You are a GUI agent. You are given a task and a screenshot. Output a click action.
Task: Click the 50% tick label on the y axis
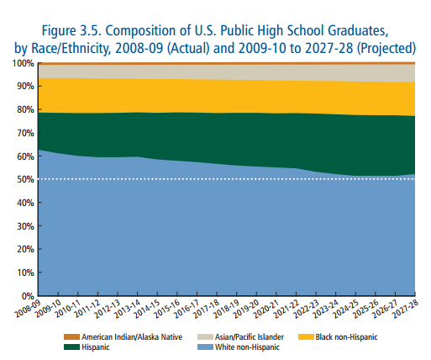pyautogui.click(x=24, y=179)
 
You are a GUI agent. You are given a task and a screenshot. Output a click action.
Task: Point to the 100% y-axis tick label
pyautogui.click(x=22, y=63)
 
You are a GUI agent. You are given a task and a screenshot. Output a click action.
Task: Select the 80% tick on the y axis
pyautogui.click(x=24, y=109)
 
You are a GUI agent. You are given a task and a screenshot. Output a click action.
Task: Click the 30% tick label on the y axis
pyautogui.click(x=24, y=226)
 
